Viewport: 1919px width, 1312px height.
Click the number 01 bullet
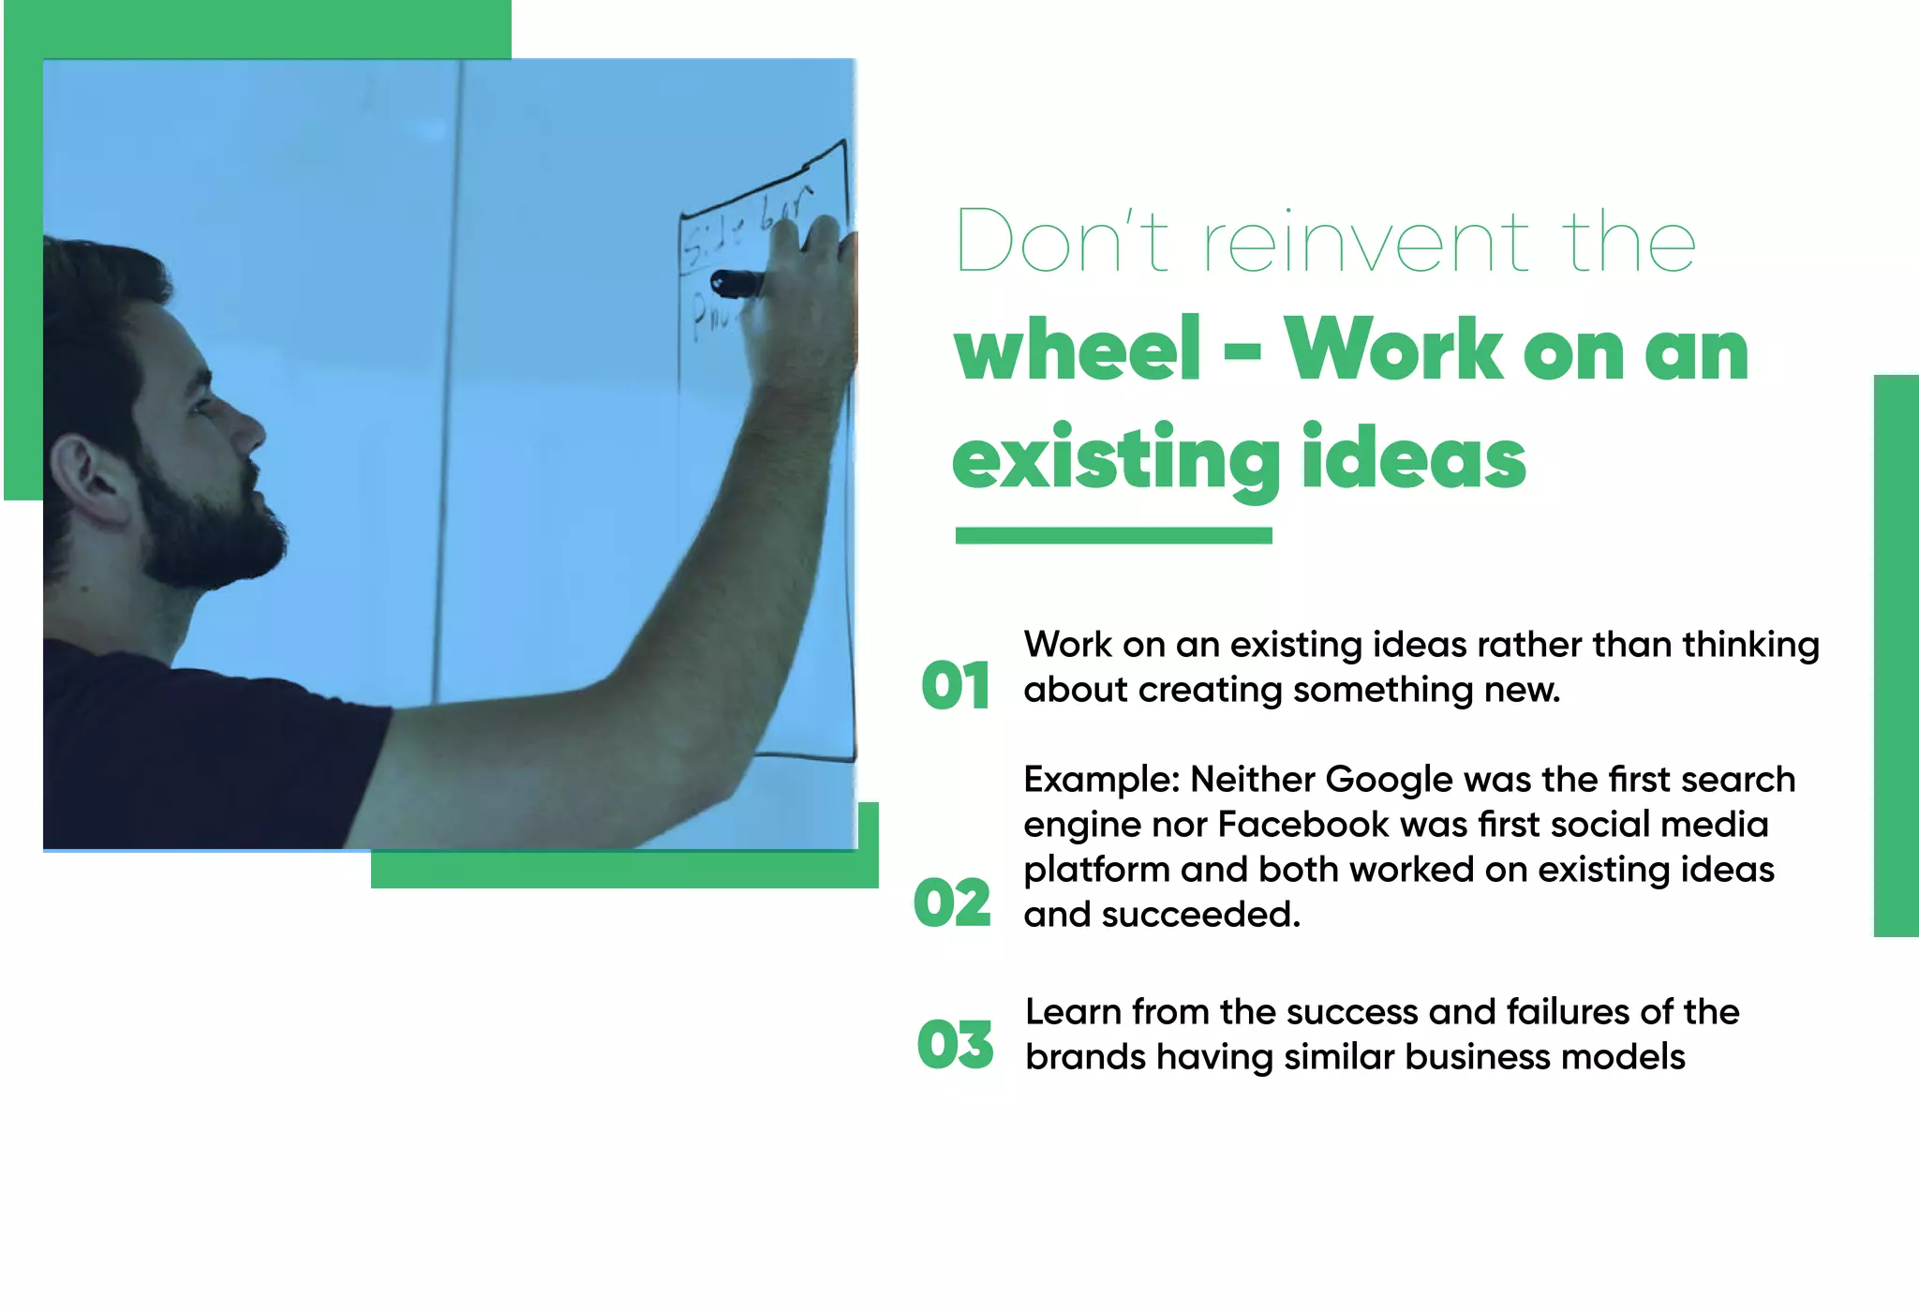click(955, 686)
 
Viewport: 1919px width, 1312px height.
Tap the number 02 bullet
click(952, 903)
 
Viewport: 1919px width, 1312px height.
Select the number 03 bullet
click(955, 1045)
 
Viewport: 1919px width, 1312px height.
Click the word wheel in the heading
click(1078, 350)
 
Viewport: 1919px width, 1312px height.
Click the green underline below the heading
click(1113, 536)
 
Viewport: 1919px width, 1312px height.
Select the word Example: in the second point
click(1101, 780)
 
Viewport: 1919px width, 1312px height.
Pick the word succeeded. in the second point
click(1200, 915)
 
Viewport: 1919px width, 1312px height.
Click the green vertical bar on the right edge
click(1896, 655)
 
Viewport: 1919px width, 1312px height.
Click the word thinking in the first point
click(1749, 645)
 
